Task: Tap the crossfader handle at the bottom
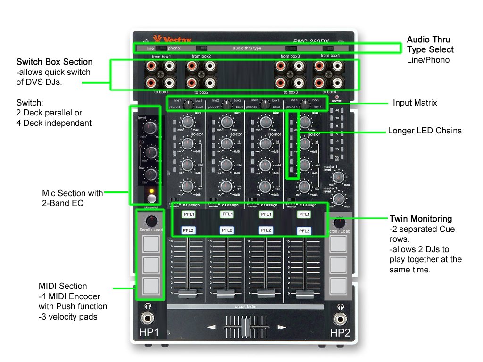coord(245,327)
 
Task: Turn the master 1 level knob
coord(338,178)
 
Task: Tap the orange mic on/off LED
coord(151,191)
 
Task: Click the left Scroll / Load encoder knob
coord(151,221)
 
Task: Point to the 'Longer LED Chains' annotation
coord(425,131)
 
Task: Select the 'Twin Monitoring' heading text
coord(421,219)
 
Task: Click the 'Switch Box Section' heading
coord(54,62)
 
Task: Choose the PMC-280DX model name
coord(313,41)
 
